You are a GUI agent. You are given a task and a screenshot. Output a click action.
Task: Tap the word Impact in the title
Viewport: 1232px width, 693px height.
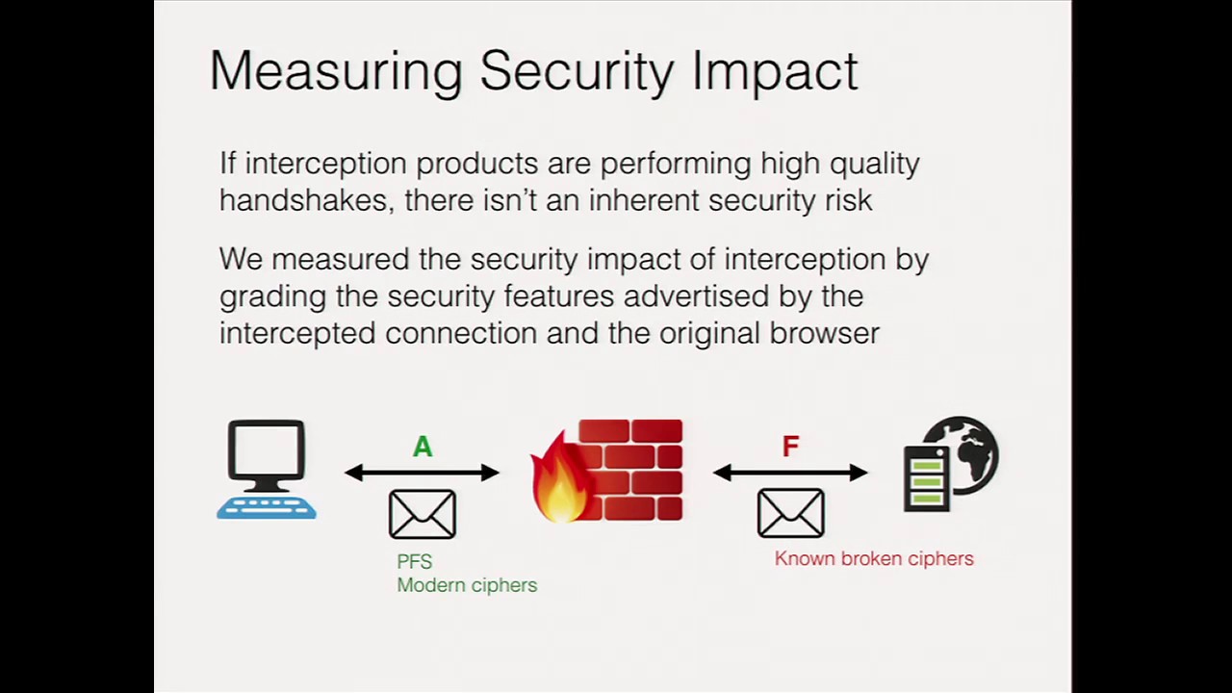[775, 72]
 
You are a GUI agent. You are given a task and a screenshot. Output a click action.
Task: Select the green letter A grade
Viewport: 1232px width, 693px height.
[423, 447]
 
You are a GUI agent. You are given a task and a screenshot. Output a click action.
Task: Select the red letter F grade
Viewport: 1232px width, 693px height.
[790, 447]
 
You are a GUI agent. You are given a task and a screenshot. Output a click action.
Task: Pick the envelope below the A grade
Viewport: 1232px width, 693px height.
[423, 514]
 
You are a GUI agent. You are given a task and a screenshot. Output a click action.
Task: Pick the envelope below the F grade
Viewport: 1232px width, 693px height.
[790, 514]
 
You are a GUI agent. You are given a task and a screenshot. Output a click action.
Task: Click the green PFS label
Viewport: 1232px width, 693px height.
[415, 562]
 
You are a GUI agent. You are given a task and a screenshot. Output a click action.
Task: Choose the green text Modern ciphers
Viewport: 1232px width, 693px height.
[467, 585]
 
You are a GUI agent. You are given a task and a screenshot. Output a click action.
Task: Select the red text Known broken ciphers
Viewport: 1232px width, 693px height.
[874, 559]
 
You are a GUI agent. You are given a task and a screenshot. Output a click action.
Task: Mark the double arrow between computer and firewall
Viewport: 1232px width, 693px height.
[423, 473]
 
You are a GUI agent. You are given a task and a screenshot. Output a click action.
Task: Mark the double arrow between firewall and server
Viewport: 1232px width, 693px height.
[790, 473]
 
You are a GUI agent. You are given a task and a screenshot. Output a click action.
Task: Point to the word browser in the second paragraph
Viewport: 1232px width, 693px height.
[824, 334]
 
